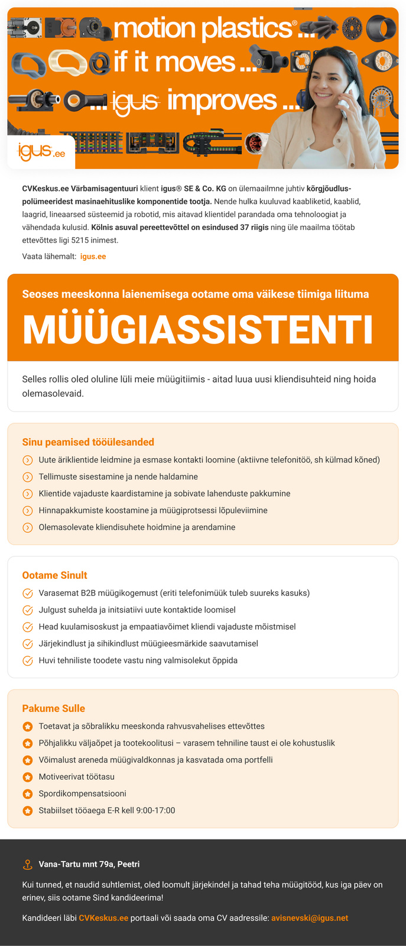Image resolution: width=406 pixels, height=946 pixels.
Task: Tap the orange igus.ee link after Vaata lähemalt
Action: point(93,257)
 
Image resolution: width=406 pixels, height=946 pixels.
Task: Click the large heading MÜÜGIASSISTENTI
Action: point(198,330)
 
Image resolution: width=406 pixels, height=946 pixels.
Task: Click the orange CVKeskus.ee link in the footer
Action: point(103,918)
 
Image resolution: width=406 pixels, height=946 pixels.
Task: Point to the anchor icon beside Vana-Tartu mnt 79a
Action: point(27,864)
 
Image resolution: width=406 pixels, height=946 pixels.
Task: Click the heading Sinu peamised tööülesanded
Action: point(88,442)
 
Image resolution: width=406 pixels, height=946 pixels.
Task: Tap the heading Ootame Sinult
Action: point(54,575)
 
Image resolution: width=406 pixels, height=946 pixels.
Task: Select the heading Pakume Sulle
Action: point(54,708)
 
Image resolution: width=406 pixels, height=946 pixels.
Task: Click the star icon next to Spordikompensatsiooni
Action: point(27,793)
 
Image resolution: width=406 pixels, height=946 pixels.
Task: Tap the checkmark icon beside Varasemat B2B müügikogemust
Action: point(27,593)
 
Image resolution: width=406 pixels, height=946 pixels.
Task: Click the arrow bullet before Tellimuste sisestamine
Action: point(27,477)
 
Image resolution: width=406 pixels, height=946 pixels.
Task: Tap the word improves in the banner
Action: point(222,101)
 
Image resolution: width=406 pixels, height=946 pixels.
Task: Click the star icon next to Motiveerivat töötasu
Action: point(27,777)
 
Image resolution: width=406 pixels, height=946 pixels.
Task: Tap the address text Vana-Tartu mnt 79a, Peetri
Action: point(89,864)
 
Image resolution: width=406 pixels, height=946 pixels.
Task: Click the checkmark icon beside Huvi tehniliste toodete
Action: point(27,660)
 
